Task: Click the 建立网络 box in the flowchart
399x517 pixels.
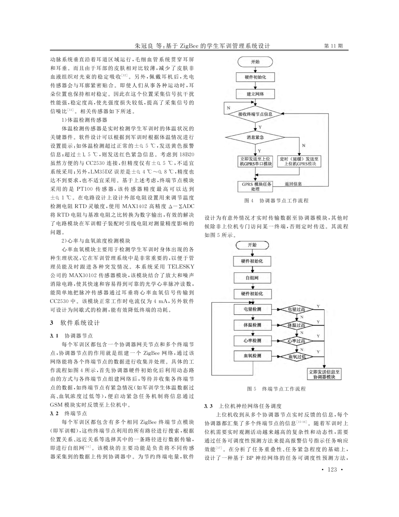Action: tap(255, 94)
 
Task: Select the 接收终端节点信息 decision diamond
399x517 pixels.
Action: tap(255, 114)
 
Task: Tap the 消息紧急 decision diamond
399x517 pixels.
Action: tap(255, 137)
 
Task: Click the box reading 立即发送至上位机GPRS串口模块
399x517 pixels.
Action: tap(255, 161)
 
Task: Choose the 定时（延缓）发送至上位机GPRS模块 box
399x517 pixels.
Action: tap(299, 161)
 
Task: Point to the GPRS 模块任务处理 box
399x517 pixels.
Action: tap(255, 186)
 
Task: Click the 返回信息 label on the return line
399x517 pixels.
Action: tap(293, 184)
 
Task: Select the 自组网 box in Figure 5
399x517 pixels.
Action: tap(252, 278)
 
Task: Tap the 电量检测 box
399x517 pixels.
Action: tap(252, 309)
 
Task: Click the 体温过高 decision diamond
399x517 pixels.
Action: tap(296, 325)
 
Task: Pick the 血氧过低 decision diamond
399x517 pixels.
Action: tap(296, 357)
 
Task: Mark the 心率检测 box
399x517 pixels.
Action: tap(252, 341)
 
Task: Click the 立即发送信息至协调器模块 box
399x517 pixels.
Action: tap(324, 374)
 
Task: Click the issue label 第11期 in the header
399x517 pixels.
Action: tap(334, 46)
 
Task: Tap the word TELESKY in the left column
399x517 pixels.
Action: tap(181, 267)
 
